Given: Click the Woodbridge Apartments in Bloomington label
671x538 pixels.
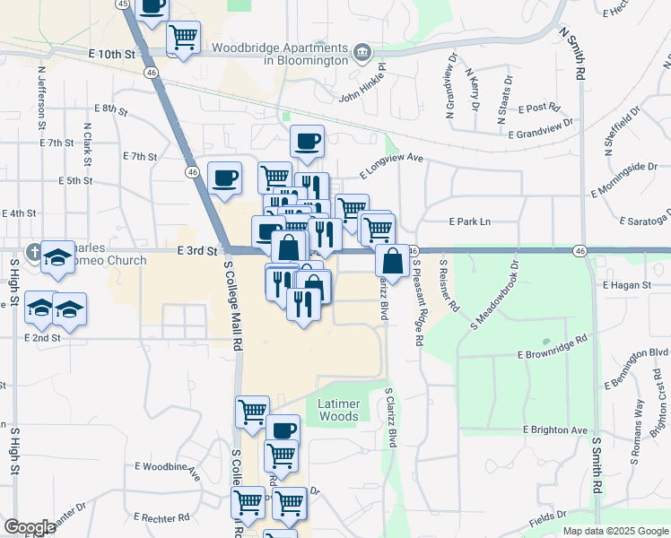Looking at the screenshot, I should [x=280, y=53].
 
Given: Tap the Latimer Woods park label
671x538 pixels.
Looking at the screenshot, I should [x=338, y=410].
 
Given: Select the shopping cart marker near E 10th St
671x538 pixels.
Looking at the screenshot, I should [x=184, y=38].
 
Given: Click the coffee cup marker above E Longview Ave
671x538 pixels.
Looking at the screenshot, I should [x=307, y=141].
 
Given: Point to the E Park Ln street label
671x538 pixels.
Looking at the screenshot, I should [x=470, y=221].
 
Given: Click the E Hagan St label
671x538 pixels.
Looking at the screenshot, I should [x=624, y=284].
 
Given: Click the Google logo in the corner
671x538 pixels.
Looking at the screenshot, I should [x=30, y=527].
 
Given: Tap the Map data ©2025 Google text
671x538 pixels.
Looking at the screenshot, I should [x=614, y=531].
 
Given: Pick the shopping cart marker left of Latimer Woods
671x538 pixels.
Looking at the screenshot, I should [x=253, y=412].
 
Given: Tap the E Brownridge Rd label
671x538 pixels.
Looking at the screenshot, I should [x=553, y=348].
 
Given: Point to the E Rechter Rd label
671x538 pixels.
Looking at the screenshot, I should [x=161, y=517].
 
